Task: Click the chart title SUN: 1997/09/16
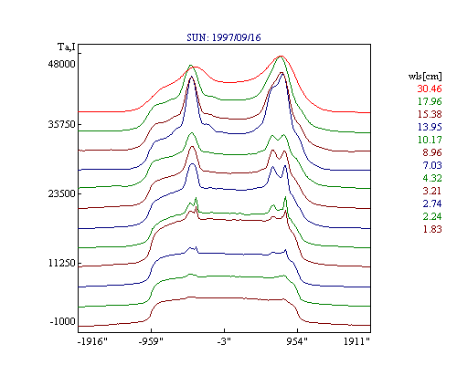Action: pyautogui.click(x=224, y=37)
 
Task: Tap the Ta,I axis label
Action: pyautogui.click(x=67, y=47)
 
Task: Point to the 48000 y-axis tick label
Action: pyautogui.click(x=61, y=64)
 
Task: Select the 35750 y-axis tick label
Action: pyautogui.click(x=61, y=124)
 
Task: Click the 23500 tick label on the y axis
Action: pyautogui.click(x=61, y=193)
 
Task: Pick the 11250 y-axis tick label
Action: pyautogui.click(x=61, y=263)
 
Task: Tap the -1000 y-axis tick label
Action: pyautogui.click(x=62, y=321)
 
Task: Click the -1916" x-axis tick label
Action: pyautogui.click(x=92, y=341)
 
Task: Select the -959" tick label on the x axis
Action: pyautogui.click(x=151, y=341)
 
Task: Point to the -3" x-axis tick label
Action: pyautogui.click(x=224, y=341)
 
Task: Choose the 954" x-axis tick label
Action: pyautogui.click(x=297, y=341)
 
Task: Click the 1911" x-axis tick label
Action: pyautogui.click(x=356, y=341)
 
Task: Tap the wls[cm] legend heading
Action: pyautogui.click(x=425, y=77)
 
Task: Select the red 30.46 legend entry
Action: pyautogui.click(x=430, y=89)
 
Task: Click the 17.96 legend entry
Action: pyautogui.click(x=430, y=101)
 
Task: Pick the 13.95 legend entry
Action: pyautogui.click(x=430, y=127)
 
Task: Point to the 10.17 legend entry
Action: pyautogui.click(x=430, y=140)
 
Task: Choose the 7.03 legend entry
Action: pyautogui.click(x=432, y=165)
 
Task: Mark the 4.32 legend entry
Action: pyautogui.click(x=432, y=178)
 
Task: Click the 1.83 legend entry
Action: pyautogui.click(x=432, y=229)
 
